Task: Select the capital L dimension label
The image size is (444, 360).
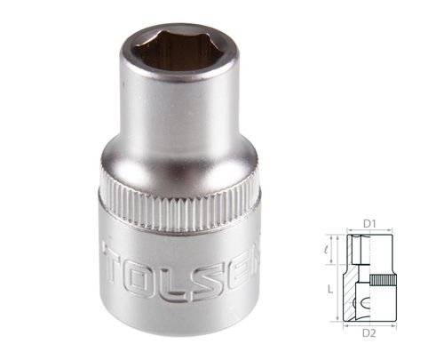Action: click(x=329, y=291)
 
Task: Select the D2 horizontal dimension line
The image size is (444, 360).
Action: click(x=370, y=326)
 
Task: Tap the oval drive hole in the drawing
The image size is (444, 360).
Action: click(x=366, y=306)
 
